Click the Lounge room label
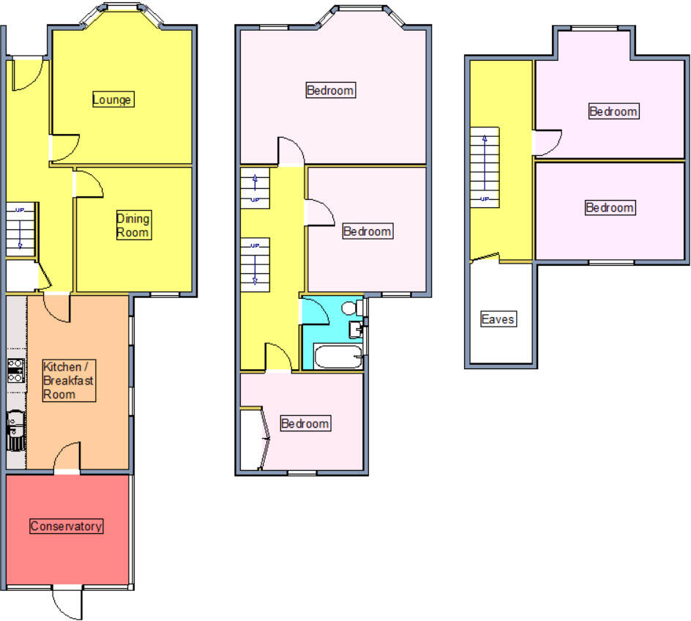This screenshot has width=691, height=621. [x=113, y=99]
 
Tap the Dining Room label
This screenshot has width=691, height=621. [x=133, y=226]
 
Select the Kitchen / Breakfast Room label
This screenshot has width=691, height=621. [x=69, y=380]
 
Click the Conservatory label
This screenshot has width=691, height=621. [x=66, y=526]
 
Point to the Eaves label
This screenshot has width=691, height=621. [x=498, y=319]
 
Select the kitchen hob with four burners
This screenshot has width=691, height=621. [x=15, y=371]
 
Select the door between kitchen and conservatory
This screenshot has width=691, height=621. [x=67, y=457]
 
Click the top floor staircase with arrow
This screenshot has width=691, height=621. [x=485, y=168]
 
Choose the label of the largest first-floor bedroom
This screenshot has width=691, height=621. [x=330, y=91]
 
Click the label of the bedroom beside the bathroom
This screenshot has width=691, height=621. [x=367, y=231]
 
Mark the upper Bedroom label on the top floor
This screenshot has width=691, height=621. [x=613, y=111]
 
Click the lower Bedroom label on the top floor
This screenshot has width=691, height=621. [x=610, y=208]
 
